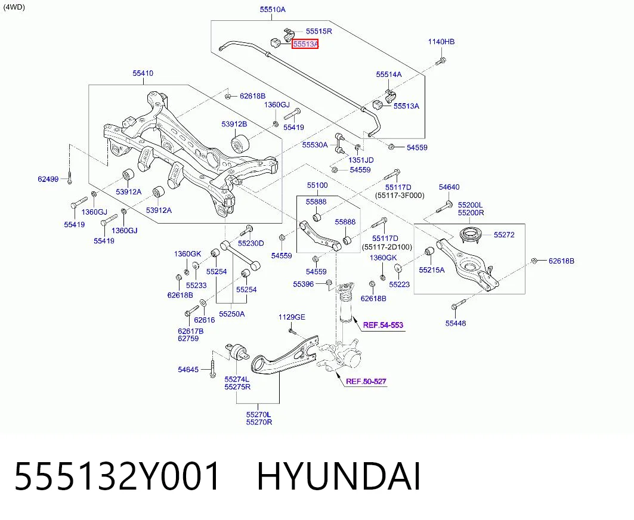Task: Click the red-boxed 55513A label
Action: [305, 44]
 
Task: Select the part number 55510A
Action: [273, 10]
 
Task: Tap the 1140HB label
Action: [441, 42]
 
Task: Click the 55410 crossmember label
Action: [143, 73]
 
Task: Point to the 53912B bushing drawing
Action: [240, 143]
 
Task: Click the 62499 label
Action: [48, 179]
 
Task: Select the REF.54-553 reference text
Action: [383, 324]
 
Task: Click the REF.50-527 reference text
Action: [366, 381]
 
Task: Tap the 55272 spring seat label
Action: [504, 234]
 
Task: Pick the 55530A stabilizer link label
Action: [315, 145]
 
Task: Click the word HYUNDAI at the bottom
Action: [339, 476]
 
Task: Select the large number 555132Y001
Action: [117, 476]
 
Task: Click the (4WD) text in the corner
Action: [14, 7]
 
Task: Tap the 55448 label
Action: [456, 323]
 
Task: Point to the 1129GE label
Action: [292, 317]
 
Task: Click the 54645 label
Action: [188, 369]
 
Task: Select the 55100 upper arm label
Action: [317, 185]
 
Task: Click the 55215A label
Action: [432, 270]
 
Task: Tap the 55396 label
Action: [304, 284]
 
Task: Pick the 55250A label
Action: [232, 314]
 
